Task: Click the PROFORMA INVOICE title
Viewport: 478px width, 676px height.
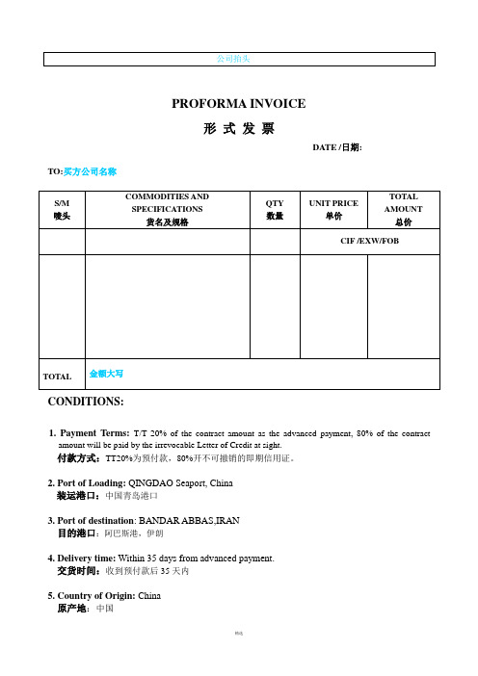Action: (238, 104)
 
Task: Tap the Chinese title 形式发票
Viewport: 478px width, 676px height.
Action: (238, 128)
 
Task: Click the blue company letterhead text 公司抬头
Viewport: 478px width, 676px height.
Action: (238, 60)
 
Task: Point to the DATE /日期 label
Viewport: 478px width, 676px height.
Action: (336, 147)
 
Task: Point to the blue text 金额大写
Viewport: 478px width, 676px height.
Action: (106, 371)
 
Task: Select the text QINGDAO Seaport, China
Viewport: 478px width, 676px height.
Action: (189, 481)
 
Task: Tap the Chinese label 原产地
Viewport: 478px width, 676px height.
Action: (72, 609)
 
